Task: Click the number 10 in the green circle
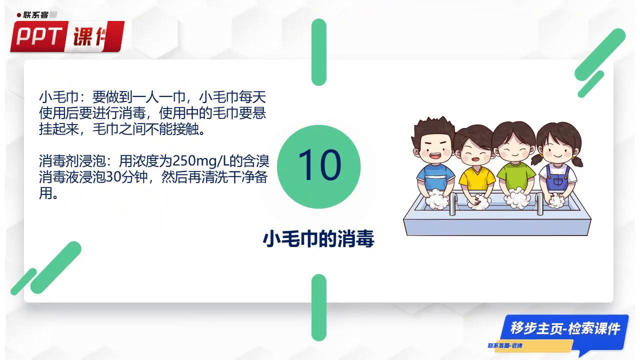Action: tap(319, 165)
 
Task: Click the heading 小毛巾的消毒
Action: tap(318, 239)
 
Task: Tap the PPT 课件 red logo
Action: tap(66, 36)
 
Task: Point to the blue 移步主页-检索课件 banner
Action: tap(564, 328)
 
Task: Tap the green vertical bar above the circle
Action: tap(319, 52)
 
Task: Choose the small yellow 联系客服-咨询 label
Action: tap(505, 346)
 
